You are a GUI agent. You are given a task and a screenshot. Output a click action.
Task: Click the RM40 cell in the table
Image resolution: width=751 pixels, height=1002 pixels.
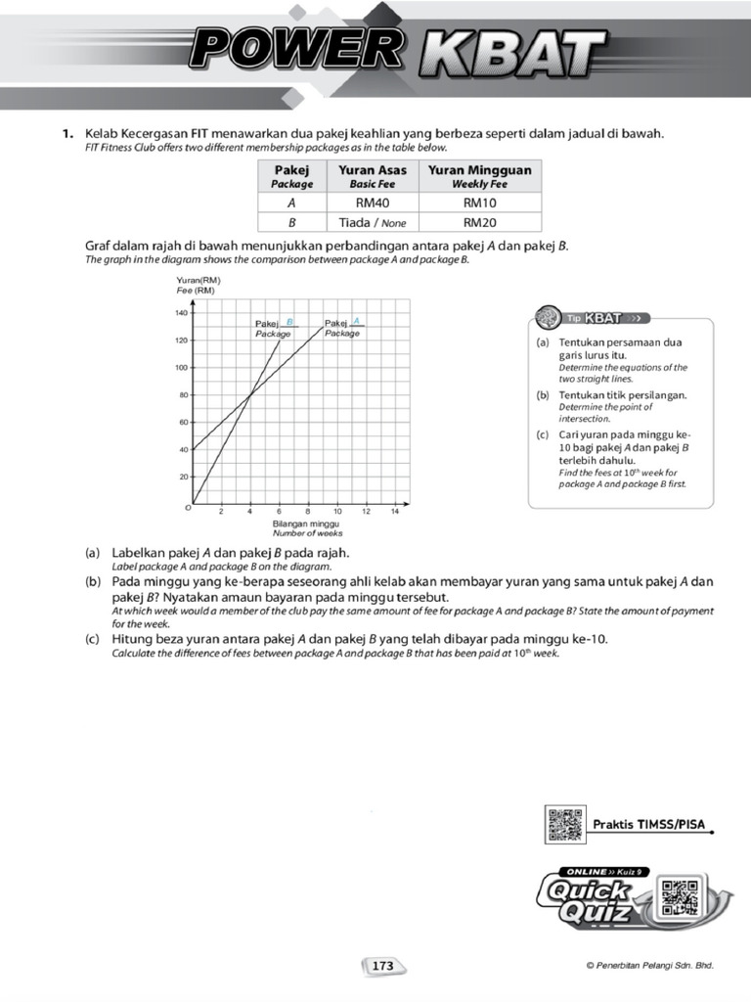[x=372, y=204]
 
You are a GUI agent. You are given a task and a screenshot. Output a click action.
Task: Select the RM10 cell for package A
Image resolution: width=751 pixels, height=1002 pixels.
[x=479, y=204]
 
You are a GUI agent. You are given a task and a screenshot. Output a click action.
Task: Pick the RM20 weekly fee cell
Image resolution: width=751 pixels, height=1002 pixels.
[x=479, y=222]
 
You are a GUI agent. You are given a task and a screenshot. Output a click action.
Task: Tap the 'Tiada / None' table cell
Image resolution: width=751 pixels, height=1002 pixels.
[x=372, y=222]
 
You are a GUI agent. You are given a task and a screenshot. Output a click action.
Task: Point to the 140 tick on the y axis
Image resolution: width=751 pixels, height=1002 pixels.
[x=181, y=313]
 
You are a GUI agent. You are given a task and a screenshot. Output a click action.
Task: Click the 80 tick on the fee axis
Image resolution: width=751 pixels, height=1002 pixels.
[x=183, y=395]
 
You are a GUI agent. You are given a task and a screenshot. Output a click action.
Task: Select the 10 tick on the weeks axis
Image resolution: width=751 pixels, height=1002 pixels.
[x=337, y=512]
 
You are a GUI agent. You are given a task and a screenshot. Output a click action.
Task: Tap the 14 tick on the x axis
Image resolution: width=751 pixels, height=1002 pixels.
[x=395, y=512]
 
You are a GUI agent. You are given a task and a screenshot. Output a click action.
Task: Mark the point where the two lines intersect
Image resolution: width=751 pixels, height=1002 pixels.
[x=250, y=394]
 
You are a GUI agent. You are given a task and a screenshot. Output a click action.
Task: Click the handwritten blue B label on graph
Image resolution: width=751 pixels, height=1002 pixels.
[x=289, y=321]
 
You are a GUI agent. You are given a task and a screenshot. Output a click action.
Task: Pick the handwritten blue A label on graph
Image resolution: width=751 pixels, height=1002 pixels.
[x=357, y=320]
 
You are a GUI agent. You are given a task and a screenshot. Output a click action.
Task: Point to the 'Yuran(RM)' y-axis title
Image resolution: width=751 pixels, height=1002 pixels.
[x=199, y=281]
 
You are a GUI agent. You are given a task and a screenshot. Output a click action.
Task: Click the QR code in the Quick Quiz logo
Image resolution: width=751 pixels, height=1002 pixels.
[x=679, y=897]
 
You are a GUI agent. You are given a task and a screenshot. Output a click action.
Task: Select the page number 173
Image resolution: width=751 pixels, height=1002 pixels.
[x=382, y=966]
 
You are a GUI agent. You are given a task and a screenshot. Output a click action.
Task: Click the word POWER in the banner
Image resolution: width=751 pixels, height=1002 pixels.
[x=293, y=49]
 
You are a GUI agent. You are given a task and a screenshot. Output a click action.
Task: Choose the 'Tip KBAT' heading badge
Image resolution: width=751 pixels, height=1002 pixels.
[x=594, y=318]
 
